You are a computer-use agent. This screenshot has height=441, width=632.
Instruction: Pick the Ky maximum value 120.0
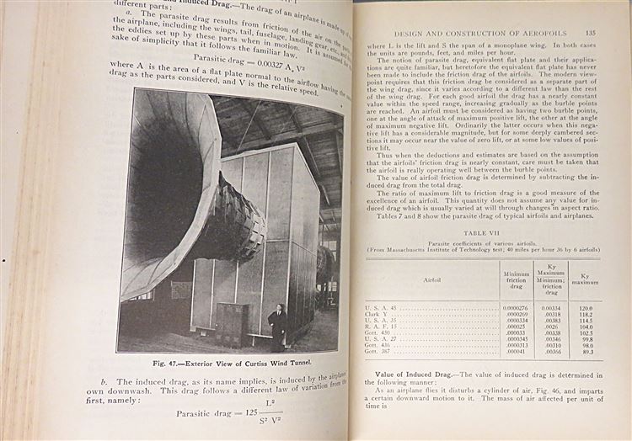pyautogui.click(x=585, y=308)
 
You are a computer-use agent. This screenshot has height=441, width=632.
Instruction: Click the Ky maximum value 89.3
pyautogui.click(x=585, y=351)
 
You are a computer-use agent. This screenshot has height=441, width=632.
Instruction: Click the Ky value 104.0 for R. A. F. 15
pyautogui.click(x=585, y=327)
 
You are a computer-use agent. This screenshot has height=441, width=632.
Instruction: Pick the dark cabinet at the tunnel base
pyautogui.click(x=232, y=323)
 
